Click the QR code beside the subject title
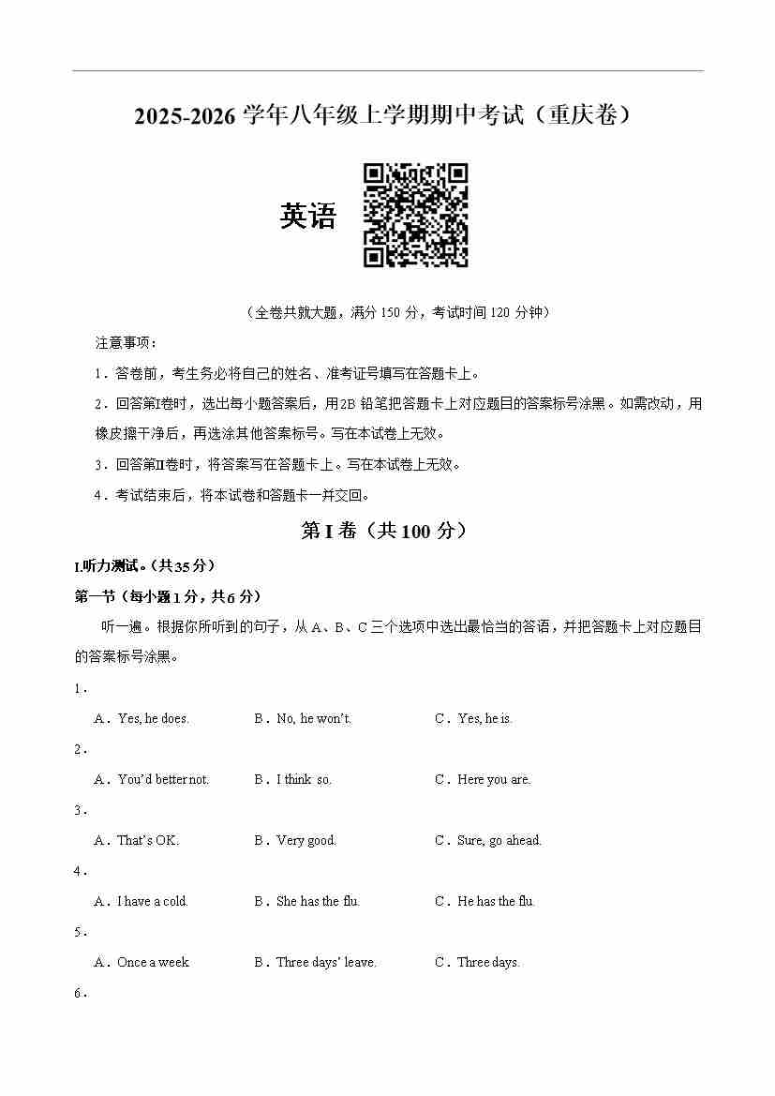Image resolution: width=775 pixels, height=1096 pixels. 415,216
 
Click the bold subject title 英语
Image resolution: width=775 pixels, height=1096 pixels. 307,217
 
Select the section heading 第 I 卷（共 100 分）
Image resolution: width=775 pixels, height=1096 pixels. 383,531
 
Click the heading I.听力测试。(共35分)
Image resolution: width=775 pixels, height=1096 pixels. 144,566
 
